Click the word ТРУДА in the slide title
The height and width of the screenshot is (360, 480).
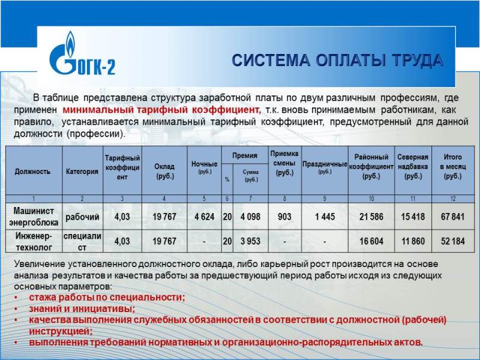point(418,60)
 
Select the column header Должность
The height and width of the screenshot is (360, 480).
point(32,172)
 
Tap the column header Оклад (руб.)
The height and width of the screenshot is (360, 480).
point(164,172)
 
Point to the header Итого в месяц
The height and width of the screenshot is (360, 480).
point(453,167)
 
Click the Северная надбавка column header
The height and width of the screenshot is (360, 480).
point(413,167)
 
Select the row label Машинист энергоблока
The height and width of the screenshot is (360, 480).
point(34,217)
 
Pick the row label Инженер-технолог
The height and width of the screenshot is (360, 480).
point(34,241)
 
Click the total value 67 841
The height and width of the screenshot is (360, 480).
point(452,217)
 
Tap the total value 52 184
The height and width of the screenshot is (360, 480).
point(453,241)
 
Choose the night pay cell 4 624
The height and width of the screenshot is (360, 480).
point(204,217)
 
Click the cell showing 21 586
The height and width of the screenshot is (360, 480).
point(371,217)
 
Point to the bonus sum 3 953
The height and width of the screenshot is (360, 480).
point(250,241)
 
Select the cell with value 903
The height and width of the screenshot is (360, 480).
point(284,217)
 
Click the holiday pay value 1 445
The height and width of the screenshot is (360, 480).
point(325,217)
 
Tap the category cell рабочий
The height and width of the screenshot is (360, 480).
point(82,217)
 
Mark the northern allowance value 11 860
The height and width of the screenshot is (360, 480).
point(413,241)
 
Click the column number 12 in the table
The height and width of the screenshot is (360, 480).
point(453,199)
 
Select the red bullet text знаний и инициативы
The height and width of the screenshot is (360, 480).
point(82,308)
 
